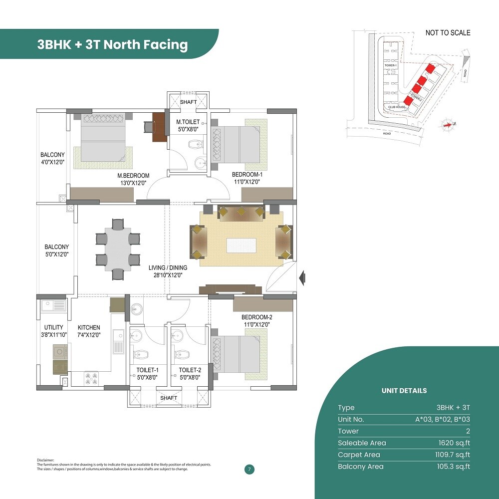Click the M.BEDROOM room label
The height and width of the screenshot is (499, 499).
pyautogui.click(x=133, y=176)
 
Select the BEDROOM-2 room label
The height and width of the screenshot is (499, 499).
pyautogui.click(x=256, y=317)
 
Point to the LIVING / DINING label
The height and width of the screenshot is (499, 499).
pyautogui.click(x=168, y=268)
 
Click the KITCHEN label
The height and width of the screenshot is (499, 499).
pyautogui.click(x=89, y=328)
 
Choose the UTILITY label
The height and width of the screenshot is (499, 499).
pyautogui.click(x=53, y=328)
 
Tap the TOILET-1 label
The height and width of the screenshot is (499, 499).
pyautogui.click(x=147, y=370)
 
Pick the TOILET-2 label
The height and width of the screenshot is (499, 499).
pyautogui.click(x=190, y=370)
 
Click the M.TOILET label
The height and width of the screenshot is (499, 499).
pyautogui.click(x=188, y=122)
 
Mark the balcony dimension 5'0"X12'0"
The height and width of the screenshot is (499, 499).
pyautogui.click(x=56, y=254)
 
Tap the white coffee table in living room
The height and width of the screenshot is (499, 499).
pyautogui.click(x=242, y=246)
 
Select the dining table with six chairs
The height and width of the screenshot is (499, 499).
pyautogui.click(x=118, y=249)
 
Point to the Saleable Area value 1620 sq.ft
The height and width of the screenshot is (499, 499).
pyautogui.click(x=454, y=443)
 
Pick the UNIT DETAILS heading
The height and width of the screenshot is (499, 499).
pyautogui.click(x=404, y=391)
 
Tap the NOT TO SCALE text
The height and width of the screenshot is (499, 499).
pyautogui.click(x=448, y=33)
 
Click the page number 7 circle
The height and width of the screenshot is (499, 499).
pyautogui.click(x=249, y=469)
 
